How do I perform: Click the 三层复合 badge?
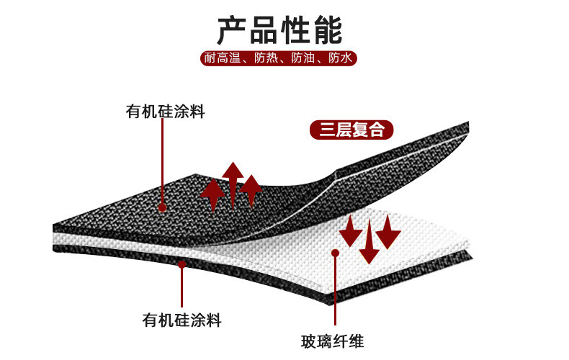352,130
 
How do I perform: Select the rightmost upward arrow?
251,192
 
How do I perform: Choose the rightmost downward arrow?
388,230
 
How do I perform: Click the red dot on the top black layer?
163,207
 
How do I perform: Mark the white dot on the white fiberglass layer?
335,252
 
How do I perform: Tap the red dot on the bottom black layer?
182,264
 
